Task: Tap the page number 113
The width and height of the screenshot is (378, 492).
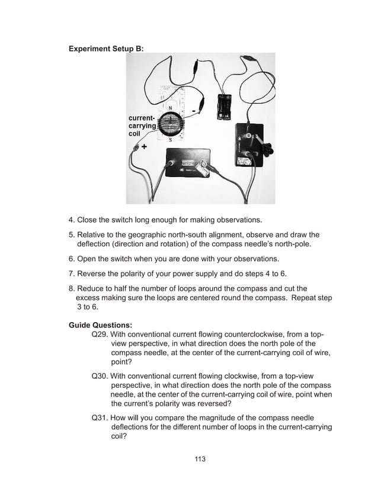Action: click(x=200, y=459)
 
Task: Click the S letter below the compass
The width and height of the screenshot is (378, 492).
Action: click(x=171, y=140)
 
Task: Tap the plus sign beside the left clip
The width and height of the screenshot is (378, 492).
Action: click(x=144, y=147)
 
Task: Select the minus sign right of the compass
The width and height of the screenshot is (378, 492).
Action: click(x=194, y=111)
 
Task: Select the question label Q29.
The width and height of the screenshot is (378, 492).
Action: click(x=100, y=334)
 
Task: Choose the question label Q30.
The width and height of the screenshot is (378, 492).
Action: click(x=100, y=375)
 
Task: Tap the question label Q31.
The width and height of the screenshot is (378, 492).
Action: click(x=100, y=417)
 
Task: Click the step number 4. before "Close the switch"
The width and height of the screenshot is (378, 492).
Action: click(x=72, y=221)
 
